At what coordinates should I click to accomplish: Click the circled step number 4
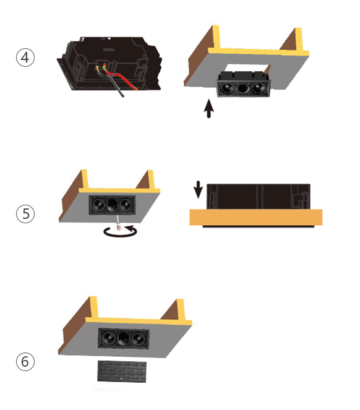pos(25,58)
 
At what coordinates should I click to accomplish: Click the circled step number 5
pos(25,214)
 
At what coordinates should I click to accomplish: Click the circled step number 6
pos(25,362)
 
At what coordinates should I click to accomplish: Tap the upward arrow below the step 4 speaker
pos(209,108)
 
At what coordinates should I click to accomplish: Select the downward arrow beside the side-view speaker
pos(198,189)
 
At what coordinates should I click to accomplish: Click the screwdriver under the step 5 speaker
pos(119,223)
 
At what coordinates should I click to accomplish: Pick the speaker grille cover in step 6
pos(122,371)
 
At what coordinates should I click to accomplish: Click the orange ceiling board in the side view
pos(256,217)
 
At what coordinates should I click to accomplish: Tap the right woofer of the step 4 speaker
pos(259,88)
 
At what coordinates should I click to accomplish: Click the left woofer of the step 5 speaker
pos(98,204)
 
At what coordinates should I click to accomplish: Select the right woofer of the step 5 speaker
pos(126,205)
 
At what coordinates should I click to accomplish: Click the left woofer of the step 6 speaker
pos(109,338)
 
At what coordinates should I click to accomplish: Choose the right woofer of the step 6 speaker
pos(138,339)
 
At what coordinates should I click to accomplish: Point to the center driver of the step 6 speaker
pos(124,339)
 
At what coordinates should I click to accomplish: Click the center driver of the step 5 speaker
pos(112,205)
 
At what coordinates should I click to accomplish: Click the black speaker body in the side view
pos(259,197)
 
